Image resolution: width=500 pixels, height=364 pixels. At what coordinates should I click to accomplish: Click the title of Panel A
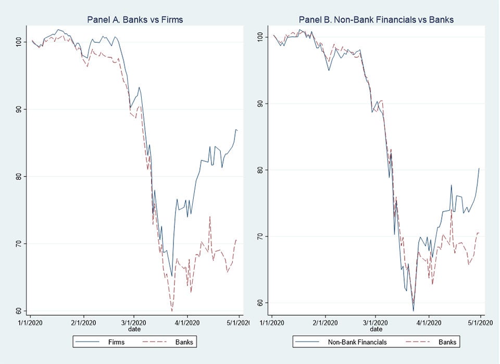[135, 20]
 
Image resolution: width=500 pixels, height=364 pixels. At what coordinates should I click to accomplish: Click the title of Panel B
[376, 20]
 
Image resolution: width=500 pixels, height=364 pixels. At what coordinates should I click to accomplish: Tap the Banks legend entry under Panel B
[435, 342]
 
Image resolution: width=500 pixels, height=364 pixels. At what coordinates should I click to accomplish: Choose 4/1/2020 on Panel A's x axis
[187, 323]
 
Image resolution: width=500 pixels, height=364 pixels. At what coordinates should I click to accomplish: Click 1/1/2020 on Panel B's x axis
[272, 323]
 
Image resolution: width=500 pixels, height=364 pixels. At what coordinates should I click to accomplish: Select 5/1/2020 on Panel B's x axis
[480, 323]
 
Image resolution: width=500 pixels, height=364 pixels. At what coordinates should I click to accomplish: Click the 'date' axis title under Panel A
[135, 329]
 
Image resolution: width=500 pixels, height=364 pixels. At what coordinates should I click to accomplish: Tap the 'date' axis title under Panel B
[376, 329]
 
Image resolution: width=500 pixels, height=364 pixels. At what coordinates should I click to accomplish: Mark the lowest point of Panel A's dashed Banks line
[171, 311]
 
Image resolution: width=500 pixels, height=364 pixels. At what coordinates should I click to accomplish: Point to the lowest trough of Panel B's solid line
[413, 311]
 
